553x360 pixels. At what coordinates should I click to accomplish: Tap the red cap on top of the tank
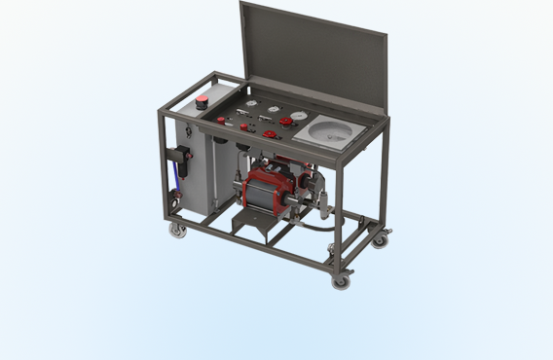[x=203, y=100]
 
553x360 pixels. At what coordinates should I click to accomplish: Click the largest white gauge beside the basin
[x=296, y=116]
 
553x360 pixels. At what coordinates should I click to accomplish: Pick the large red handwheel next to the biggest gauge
[x=285, y=123]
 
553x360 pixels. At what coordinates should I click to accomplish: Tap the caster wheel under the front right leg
[x=341, y=281]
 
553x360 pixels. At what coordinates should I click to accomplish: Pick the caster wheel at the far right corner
[x=380, y=237]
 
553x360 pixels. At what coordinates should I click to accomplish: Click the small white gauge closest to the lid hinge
[x=250, y=100]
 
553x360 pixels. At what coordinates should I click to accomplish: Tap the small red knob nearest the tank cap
[x=221, y=121]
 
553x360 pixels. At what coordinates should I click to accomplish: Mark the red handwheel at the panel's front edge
[x=269, y=133]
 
